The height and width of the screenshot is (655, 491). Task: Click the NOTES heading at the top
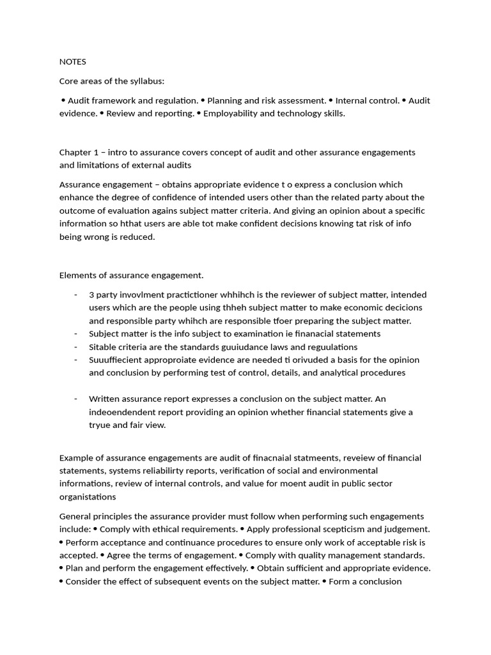pos(72,62)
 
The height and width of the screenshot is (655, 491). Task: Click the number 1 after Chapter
pos(97,152)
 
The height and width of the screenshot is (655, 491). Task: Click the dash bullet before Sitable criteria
pos(75,347)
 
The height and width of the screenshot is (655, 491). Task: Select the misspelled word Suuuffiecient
pos(116,359)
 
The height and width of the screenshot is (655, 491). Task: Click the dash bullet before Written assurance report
pos(75,399)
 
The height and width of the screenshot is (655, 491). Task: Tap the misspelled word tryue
pos(100,425)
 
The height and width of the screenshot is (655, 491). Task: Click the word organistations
pos(88,496)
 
